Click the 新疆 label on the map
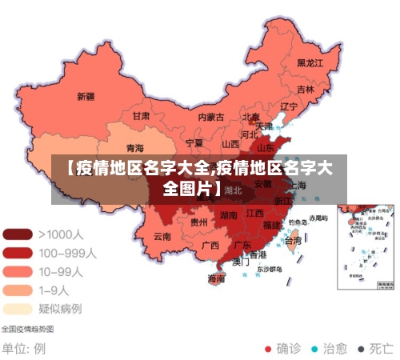pyautogui.click(x=86, y=96)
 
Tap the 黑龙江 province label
pyautogui.click(x=310, y=62)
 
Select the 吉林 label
pyautogui.click(x=305, y=89)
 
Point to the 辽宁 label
pyautogui.click(x=288, y=106)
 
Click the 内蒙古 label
pyautogui.click(x=212, y=117)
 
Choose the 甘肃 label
pyautogui.click(x=141, y=115)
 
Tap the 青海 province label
pyautogui.click(x=134, y=148)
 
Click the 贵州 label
pyautogui.click(x=198, y=222)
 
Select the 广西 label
pyautogui.click(x=210, y=245)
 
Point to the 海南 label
pyautogui.click(x=216, y=278)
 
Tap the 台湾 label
pyautogui.click(x=294, y=239)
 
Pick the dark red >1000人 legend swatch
pyautogui.click(x=18, y=234)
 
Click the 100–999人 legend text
pyautogui.click(x=67, y=253)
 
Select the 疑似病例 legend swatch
pyautogui.click(x=18, y=308)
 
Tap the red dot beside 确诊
pyautogui.click(x=268, y=349)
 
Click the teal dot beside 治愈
pyautogui.click(x=314, y=349)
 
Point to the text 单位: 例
pyautogui.click(x=23, y=349)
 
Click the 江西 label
pyautogui.click(x=254, y=214)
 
